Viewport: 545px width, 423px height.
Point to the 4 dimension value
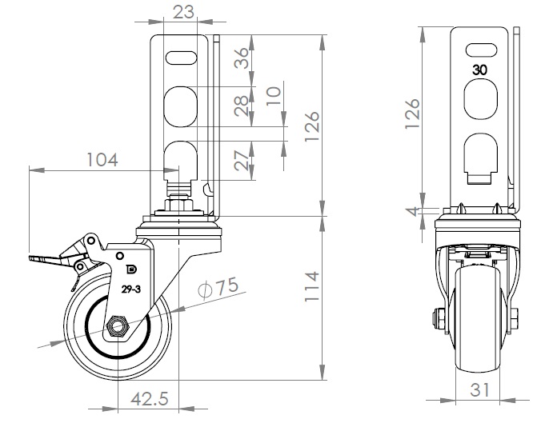pos(411,212)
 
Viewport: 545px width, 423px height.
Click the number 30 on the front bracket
pos(480,70)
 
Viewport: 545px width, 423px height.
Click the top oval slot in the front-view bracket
pos(480,48)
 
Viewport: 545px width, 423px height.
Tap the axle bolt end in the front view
pos(439,317)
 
